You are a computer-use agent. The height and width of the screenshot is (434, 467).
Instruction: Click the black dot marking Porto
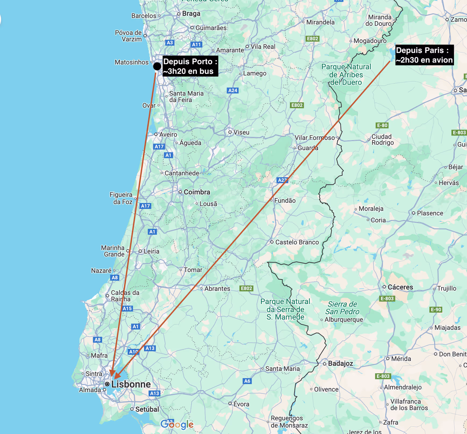(157, 66)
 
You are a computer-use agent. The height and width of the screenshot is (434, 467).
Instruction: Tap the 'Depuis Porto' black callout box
(190, 66)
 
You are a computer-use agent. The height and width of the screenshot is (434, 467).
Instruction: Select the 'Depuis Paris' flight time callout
(424, 55)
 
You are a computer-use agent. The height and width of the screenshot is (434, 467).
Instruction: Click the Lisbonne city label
(131, 384)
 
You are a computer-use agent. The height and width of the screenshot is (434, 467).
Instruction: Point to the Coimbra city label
(197, 192)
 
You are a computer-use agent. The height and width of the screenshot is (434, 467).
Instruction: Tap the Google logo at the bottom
(177, 424)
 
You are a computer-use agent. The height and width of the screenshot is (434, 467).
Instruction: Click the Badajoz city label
(340, 363)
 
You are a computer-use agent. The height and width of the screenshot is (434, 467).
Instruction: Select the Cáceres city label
(400, 287)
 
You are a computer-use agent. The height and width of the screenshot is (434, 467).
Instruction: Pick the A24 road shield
(233, 90)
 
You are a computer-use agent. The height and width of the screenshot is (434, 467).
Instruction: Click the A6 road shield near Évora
(247, 381)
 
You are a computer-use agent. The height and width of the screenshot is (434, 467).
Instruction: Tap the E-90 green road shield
(436, 309)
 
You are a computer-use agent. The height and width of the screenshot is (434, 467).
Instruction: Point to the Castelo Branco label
(297, 242)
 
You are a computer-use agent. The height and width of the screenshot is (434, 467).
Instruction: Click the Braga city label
(191, 13)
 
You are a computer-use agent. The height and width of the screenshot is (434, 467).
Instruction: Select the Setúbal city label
(147, 409)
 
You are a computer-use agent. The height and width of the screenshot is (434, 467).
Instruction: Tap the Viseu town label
(241, 132)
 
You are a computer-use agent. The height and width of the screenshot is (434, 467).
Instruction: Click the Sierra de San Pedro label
(342, 308)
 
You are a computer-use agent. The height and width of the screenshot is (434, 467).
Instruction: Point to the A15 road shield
(127, 308)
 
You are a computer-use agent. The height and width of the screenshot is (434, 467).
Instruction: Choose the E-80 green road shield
(382, 125)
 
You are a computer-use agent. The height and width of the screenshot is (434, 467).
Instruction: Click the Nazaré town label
(101, 270)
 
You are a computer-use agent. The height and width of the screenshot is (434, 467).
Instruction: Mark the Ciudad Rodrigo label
(382, 140)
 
